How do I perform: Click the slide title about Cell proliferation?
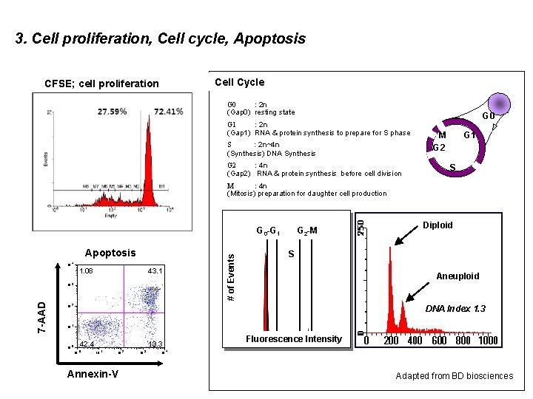160,38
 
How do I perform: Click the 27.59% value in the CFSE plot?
112,112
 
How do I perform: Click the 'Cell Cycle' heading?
239,82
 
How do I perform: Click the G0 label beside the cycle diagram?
489,117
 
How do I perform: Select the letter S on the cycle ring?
453,168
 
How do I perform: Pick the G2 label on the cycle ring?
438,147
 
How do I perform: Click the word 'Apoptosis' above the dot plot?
110,253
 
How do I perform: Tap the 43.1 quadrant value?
155,271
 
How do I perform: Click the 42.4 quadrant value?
87,344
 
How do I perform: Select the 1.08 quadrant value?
87,271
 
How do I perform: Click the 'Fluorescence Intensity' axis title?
294,339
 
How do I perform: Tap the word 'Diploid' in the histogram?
438,225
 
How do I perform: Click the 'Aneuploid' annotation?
457,276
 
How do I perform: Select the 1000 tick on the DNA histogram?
488,341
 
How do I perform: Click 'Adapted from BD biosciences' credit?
454,376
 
